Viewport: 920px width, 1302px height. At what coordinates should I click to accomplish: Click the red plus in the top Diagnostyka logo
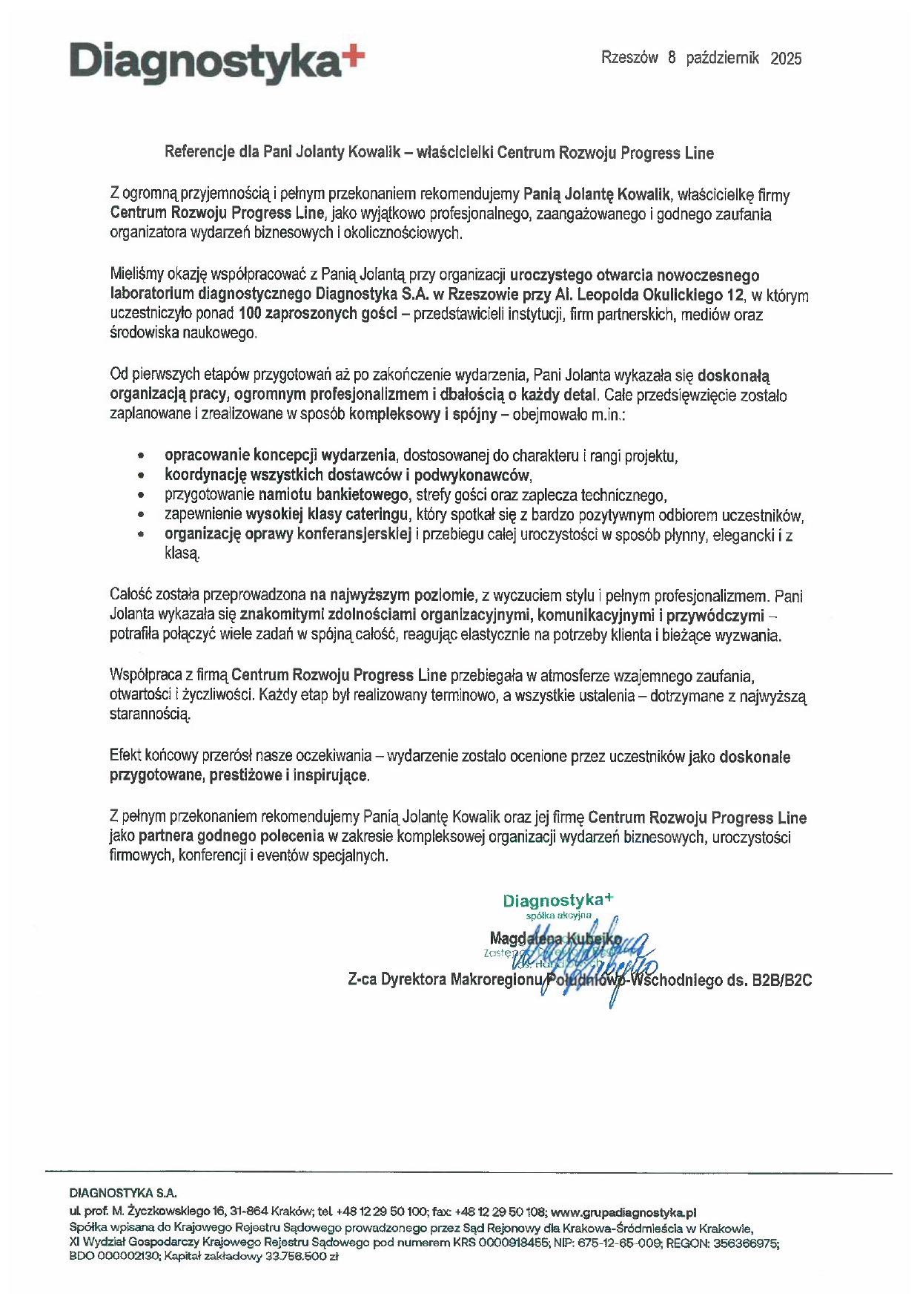pos(355,55)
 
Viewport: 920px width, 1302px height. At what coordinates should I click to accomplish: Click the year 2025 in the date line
pos(786,59)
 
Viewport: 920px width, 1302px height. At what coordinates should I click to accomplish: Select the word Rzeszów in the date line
pos(629,58)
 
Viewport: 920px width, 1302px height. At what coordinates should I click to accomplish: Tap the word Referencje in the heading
pos(199,153)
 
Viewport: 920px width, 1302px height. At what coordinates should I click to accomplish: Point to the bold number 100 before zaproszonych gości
pos(251,314)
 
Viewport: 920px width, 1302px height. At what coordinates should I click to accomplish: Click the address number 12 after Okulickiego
pos(735,295)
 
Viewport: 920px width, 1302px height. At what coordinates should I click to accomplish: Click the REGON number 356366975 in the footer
pos(745,1242)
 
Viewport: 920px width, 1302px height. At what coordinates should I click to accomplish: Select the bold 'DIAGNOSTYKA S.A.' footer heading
pos(123,1194)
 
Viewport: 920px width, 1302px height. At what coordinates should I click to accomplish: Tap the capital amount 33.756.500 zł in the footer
pos(302,1257)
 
